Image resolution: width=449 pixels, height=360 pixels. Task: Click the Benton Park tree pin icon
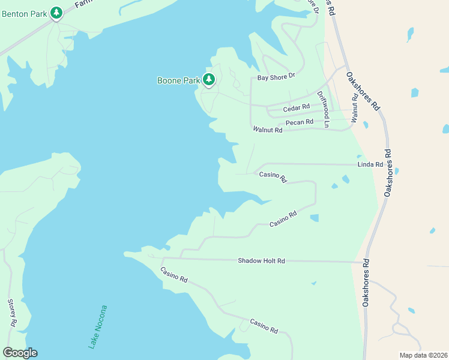(x=56, y=13)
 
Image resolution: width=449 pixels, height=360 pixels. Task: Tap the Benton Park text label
(x=25, y=13)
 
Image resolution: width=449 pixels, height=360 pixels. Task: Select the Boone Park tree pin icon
(x=209, y=80)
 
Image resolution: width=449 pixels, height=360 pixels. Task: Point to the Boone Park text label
(x=178, y=80)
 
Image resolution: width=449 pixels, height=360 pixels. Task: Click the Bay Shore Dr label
(x=277, y=77)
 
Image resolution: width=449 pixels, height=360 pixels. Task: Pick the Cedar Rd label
(x=296, y=107)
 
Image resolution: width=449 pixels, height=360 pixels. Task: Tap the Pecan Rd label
(x=300, y=122)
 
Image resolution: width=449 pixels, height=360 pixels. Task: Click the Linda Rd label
(x=370, y=164)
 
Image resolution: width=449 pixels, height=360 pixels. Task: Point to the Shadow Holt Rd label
(x=261, y=261)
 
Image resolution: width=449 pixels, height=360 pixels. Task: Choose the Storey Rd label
(x=11, y=313)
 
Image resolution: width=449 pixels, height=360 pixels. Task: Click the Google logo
(x=20, y=353)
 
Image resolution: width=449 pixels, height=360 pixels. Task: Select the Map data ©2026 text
(x=423, y=355)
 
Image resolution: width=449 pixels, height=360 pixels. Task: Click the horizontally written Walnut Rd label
(x=267, y=130)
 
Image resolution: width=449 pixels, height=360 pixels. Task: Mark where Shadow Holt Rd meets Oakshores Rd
(x=364, y=262)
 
